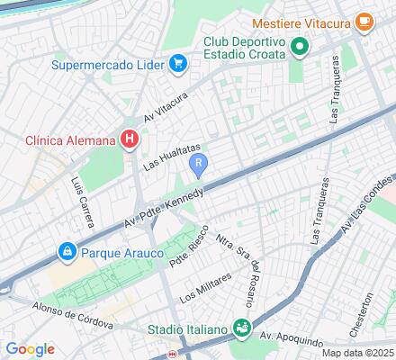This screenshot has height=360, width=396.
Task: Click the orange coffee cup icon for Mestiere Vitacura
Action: (364, 21)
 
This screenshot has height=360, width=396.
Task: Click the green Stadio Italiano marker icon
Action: (241, 328)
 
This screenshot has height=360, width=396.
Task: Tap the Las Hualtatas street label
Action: (171, 156)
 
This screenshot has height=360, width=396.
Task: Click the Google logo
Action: (30, 348)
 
